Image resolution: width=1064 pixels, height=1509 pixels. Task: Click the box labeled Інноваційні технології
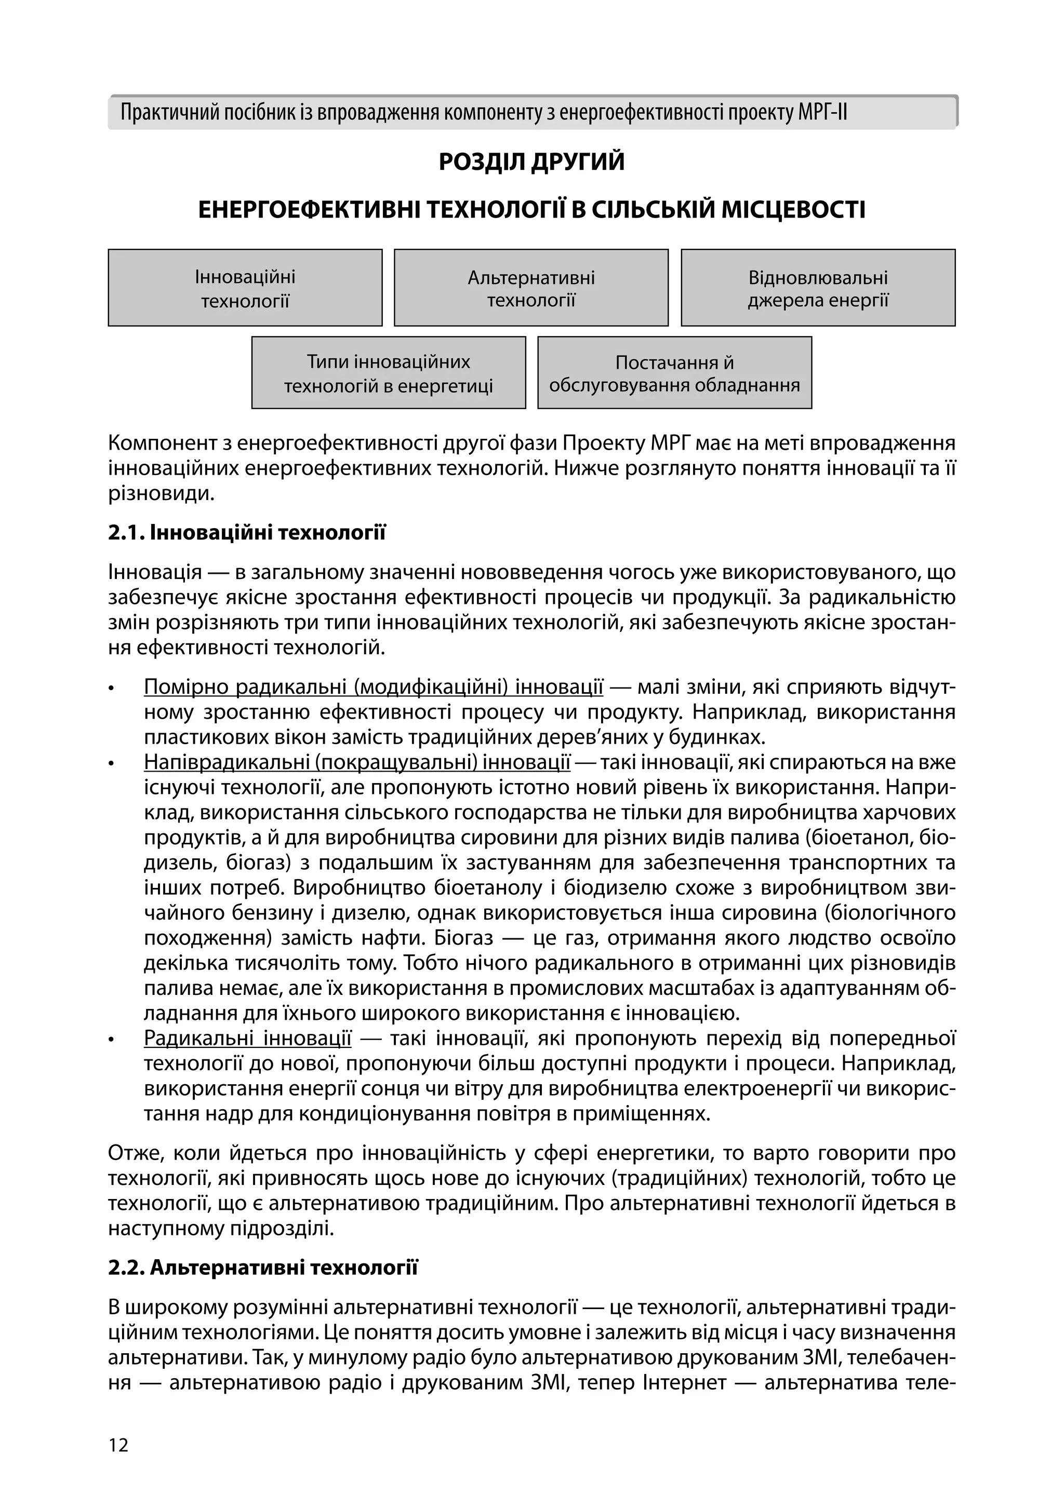point(245,288)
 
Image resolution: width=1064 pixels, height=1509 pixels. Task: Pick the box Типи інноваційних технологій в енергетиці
point(388,373)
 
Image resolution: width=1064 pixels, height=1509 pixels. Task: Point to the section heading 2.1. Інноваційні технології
point(247,532)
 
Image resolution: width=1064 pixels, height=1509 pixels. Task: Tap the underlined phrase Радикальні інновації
point(247,1039)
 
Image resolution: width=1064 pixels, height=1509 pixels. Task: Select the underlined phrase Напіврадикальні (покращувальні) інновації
point(357,762)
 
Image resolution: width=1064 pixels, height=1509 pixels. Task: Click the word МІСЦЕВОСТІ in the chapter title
point(793,210)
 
